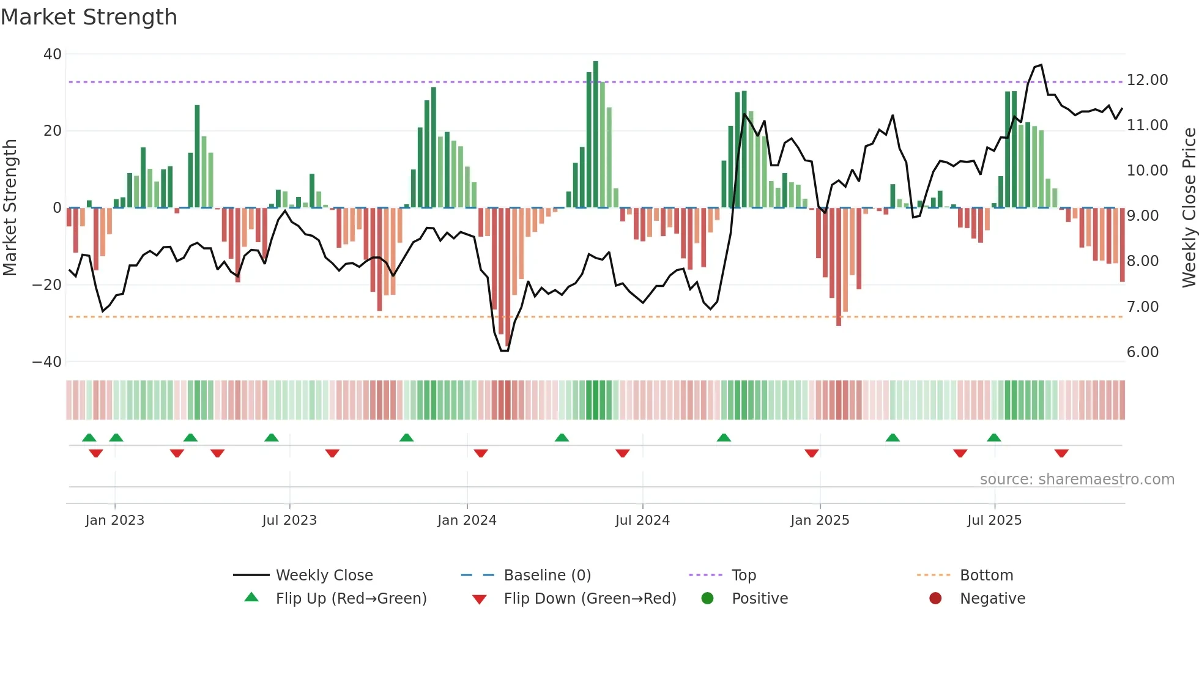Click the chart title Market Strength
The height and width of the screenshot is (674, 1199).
(89, 17)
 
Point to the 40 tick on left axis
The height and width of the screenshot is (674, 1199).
(53, 54)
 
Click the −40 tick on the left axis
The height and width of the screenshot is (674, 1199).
(47, 361)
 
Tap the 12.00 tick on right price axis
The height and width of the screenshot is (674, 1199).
(1147, 80)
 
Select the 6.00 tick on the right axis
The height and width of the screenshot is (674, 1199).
(1142, 352)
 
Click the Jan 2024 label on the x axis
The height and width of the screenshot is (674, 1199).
(467, 520)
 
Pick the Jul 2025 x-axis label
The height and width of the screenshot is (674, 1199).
(994, 520)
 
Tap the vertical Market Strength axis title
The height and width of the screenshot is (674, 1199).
(10, 208)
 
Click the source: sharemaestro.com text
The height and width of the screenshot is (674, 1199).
(1077, 480)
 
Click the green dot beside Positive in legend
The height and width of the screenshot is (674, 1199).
(708, 598)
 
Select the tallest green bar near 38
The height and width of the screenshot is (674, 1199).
(596, 135)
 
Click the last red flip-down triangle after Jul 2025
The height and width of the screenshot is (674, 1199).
(1061, 453)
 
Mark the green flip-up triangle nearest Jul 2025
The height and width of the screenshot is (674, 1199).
(994, 437)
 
